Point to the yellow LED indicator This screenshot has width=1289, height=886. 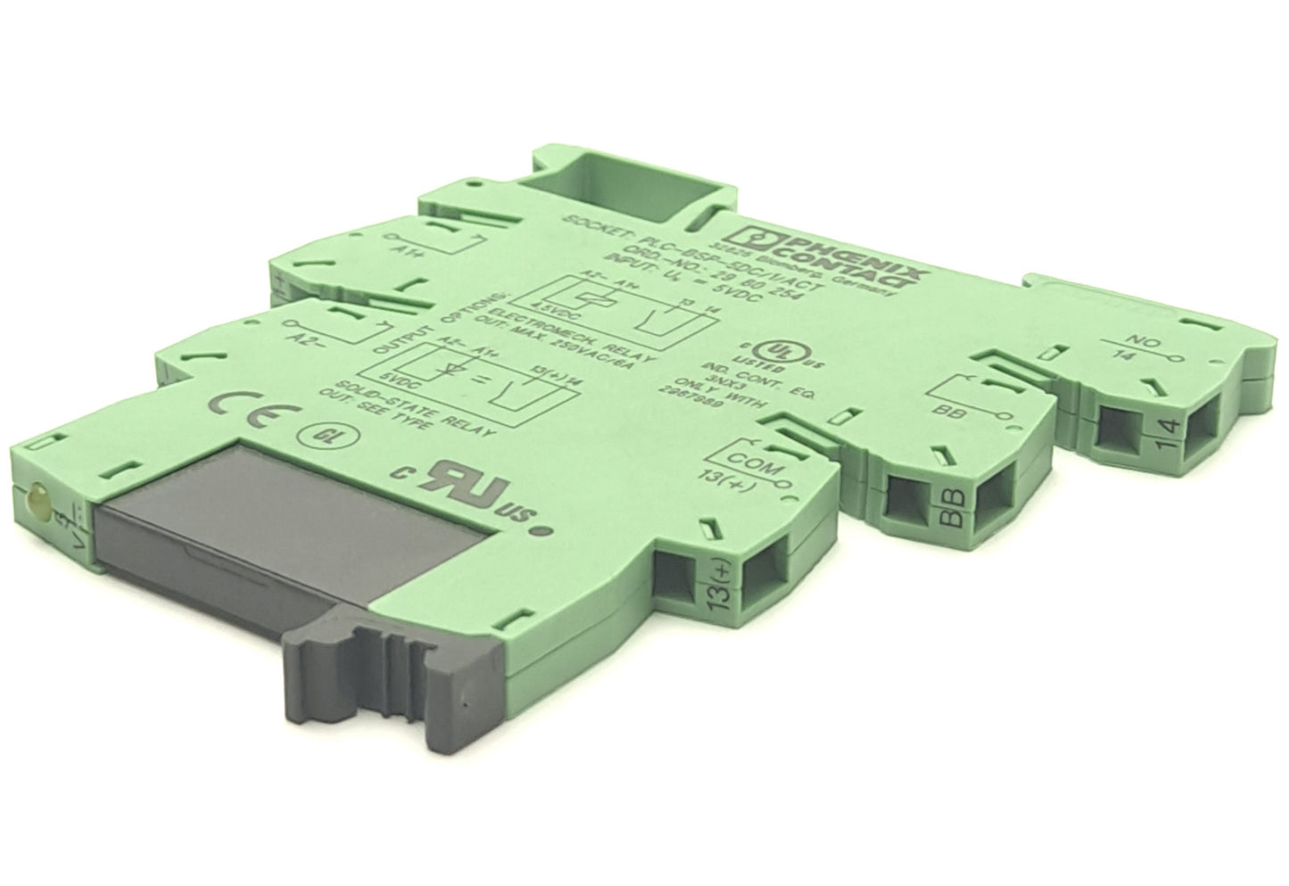pyautogui.click(x=38, y=493)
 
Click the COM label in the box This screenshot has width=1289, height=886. pyautogui.click(x=755, y=462)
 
